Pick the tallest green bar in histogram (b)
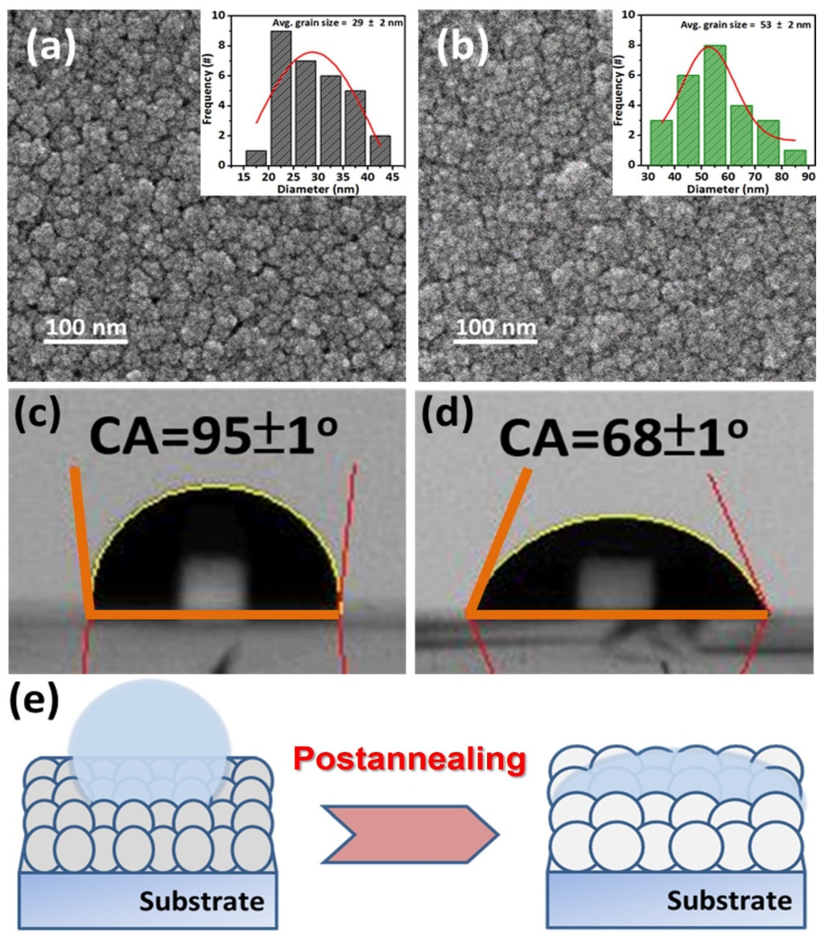click(x=715, y=105)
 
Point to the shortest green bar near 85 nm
click(x=795, y=157)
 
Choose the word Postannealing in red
click(x=410, y=759)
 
